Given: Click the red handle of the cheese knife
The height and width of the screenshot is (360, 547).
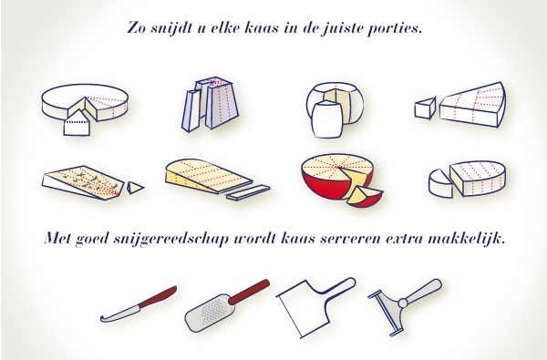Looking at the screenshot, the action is (158, 297).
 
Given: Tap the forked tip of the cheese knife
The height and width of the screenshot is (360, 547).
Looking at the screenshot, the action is (102, 319).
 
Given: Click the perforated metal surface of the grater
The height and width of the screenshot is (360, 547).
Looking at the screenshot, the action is (211, 311).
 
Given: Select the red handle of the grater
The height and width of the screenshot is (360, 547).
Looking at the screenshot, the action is (249, 293).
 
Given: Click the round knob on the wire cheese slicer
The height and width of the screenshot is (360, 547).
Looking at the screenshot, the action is (403, 303).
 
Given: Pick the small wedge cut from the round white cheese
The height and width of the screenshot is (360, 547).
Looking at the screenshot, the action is (77, 124).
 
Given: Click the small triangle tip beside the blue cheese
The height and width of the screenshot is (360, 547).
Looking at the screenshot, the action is (134, 188).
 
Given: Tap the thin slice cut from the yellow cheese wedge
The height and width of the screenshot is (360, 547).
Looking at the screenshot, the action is (248, 192).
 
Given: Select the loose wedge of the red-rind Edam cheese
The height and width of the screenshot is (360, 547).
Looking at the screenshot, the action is (364, 196).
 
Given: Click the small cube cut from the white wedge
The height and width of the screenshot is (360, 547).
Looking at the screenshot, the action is (425, 108).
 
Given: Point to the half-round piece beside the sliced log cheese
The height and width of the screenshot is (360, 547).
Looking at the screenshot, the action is (440, 183).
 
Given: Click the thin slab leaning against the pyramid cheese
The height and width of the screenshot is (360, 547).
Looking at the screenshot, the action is (191, 110).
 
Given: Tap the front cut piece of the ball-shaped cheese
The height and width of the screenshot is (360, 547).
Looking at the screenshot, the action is (326, 119).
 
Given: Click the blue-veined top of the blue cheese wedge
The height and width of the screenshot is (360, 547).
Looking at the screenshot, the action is (86, 180).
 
